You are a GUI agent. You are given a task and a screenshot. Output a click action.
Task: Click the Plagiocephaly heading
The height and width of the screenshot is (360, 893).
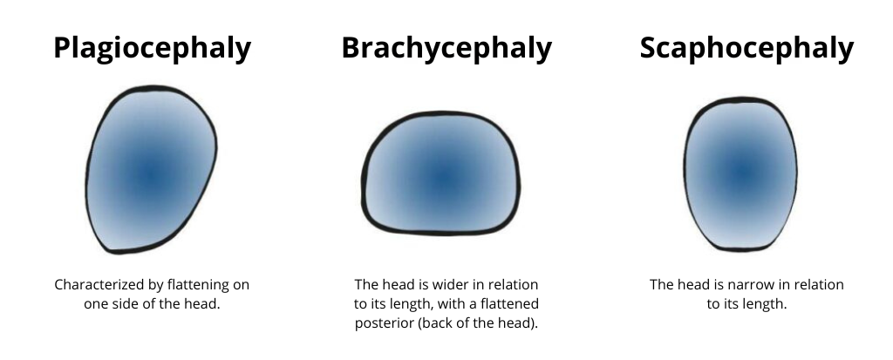152,49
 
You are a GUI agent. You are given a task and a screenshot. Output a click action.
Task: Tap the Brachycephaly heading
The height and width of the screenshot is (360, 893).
446,49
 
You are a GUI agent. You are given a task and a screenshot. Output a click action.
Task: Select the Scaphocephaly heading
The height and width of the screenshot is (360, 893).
746,49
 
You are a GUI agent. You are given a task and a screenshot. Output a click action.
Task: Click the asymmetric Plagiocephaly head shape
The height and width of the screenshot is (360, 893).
151,169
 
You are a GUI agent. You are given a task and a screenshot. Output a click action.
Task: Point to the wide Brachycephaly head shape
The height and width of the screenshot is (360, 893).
440,173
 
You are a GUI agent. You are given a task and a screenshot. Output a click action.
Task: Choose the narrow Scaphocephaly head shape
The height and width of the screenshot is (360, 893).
740,173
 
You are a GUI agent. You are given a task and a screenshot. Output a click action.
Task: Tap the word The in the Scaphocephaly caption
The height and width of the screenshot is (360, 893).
662,285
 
